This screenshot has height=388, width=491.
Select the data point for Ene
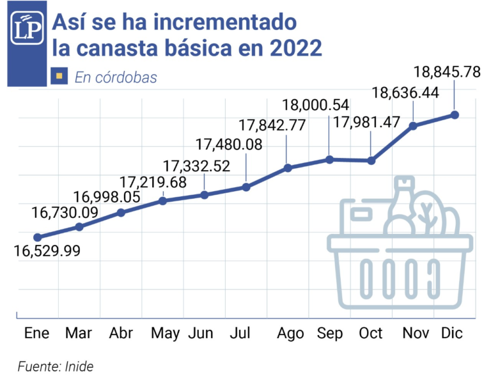click(37, 237)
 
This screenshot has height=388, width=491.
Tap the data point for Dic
click(455, 114)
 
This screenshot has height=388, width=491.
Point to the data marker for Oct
click(371, 160)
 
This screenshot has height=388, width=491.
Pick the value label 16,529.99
click(47, 251)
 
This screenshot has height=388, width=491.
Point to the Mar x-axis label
click(79, 333)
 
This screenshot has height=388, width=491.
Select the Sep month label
click(330, 333)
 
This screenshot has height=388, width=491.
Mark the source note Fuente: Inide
click(56, 367)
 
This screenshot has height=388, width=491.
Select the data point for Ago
click(288, 168)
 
